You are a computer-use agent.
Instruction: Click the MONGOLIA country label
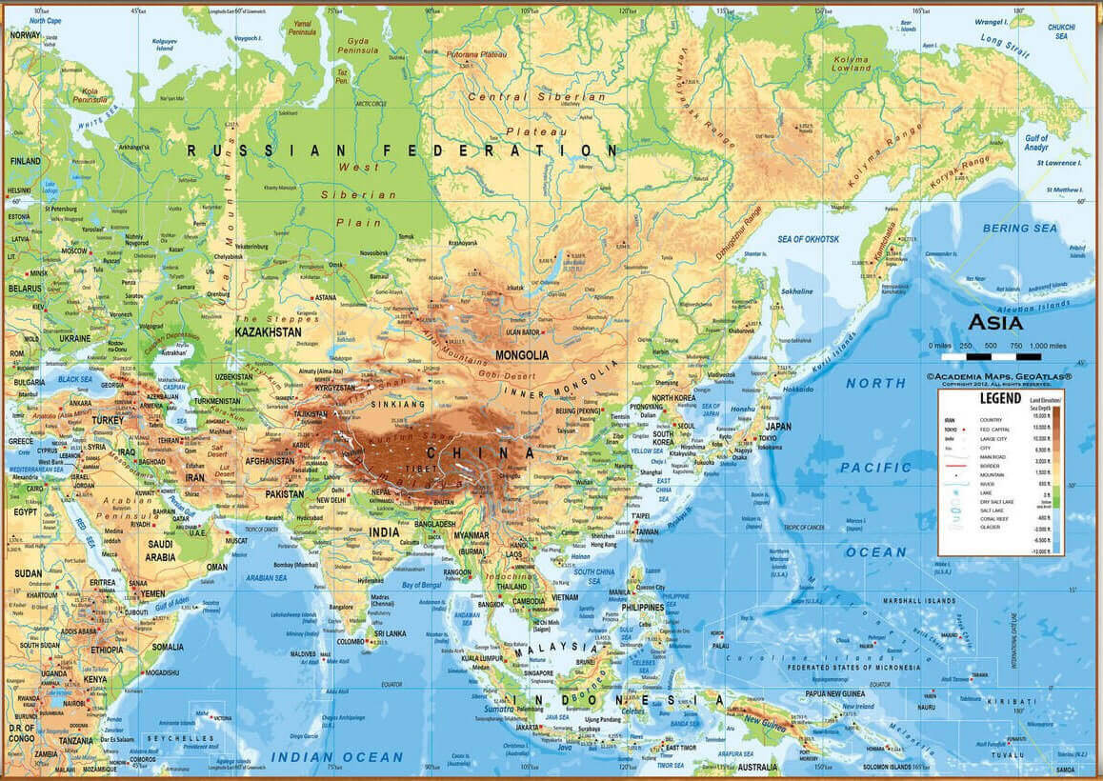522,355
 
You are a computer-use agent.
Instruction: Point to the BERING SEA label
1019,229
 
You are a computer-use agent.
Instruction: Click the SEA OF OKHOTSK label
809,239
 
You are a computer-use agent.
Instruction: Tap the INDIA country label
384,532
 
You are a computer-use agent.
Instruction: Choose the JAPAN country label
778,426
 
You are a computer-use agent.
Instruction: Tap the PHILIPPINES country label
643,608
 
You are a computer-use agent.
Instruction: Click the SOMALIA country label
168,648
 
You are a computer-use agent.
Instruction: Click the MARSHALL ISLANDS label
919,602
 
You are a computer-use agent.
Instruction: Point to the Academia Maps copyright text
999,377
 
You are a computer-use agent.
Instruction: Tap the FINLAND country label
26,162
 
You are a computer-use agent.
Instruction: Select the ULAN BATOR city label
524,331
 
